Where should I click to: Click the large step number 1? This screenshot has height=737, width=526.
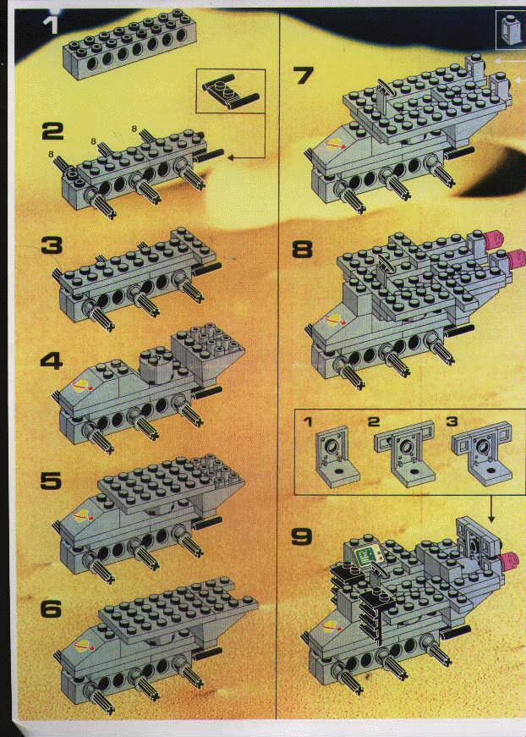50,23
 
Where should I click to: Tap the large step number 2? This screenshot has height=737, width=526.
52,132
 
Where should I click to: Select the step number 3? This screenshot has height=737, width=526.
52,246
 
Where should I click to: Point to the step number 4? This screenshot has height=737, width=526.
52,360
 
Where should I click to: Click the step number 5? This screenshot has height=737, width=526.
50,481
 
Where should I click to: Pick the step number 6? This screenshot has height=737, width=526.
51,609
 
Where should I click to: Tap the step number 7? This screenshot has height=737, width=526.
304,75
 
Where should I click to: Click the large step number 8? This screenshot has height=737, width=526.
303,250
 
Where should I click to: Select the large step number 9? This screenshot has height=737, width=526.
302,536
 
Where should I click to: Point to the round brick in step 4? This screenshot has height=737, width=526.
155,365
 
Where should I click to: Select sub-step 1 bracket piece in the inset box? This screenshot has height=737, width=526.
337,456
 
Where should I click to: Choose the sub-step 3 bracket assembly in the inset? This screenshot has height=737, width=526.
481,452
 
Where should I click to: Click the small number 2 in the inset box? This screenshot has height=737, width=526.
374,421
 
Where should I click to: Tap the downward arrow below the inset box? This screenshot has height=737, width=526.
491,509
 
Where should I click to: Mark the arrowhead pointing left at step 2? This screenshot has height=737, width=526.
231,159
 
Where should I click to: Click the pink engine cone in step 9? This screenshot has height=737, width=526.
509,560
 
